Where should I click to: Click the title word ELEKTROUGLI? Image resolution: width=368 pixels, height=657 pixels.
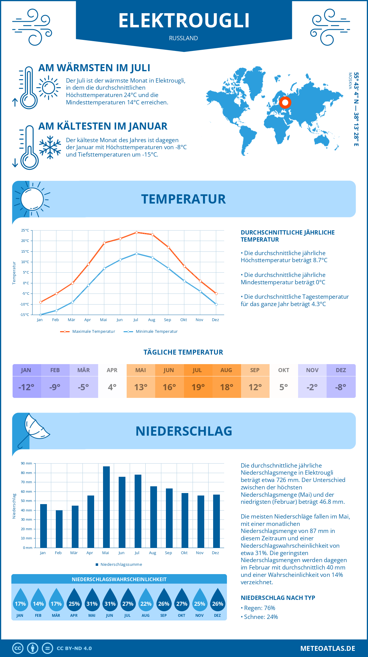point(184,21)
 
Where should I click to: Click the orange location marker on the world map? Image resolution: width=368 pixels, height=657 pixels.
point(285,103)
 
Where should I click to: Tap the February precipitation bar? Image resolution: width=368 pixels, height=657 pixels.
point(59,529)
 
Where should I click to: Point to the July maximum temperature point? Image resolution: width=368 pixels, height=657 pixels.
point(136,232)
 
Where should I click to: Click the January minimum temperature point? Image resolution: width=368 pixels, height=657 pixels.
point(40,315)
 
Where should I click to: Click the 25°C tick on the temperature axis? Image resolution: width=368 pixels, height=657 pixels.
point(25,230)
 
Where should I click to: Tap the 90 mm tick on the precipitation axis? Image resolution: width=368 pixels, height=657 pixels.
point(27,463)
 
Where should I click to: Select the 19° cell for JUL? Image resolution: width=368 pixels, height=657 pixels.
point(198,387)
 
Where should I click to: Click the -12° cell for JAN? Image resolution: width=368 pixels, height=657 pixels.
point(26,387)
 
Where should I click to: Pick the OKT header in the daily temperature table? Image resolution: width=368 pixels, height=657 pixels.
point(283,370)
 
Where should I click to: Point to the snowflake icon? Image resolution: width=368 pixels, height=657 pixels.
point(50,147)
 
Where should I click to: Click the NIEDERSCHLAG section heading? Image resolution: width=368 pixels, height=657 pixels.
point(184,431)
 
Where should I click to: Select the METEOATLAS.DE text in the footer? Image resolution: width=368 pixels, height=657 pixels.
point(328,648)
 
